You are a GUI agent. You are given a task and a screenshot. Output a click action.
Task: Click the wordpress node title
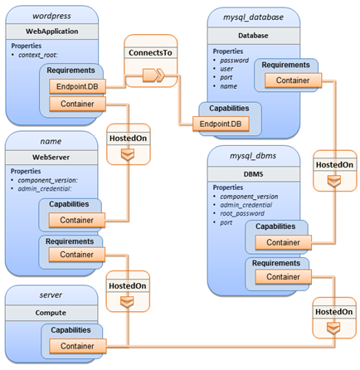coord(51,16)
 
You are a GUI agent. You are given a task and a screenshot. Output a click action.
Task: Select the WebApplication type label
coord(52,32)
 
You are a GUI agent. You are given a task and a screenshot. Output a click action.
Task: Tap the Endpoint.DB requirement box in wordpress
coord(77,86)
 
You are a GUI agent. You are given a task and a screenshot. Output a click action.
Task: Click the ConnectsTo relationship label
coord(150,52)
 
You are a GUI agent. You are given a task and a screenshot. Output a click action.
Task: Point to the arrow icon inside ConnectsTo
coord(153,75)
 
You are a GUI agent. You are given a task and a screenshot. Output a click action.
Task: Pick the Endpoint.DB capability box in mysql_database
coord(221,124)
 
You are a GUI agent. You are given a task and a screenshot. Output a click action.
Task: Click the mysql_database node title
coord(253,17)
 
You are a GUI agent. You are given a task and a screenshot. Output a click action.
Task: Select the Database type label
coord(253,36)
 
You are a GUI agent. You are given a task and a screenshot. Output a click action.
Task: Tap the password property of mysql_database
coord(234,61)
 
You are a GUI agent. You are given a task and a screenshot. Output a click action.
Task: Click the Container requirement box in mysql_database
coord(293,80)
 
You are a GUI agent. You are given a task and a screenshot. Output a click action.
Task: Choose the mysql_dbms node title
coord(253,156)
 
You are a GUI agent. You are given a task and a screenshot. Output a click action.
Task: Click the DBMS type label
coord(253,174)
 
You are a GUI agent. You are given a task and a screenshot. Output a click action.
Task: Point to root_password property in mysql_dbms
coord(242,213)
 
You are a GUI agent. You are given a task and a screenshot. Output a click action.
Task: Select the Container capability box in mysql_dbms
coord(284,242)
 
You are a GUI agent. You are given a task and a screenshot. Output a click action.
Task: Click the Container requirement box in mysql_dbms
coord(284,277)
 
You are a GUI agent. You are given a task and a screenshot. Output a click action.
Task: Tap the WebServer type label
coord(51,158)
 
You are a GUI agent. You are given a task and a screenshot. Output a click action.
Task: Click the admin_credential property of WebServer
coord(45,188)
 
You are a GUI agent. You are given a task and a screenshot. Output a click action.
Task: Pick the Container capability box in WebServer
coord(77,220)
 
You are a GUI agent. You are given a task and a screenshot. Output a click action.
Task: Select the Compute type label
coord(51,313)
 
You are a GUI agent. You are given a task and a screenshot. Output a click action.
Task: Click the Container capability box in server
coord(78,346)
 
